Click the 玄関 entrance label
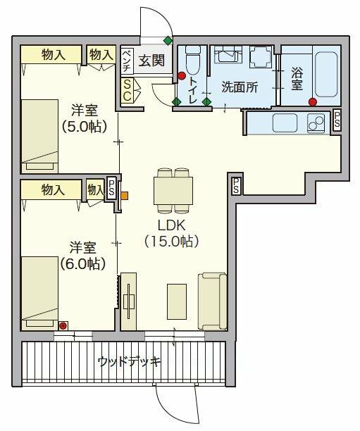[x=151, y=60]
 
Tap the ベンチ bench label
[x=128, y=60]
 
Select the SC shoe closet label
[x=127, y=90]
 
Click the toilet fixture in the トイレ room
[x=192, y=60]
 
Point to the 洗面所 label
[x=240, y=87]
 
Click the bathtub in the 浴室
[x=326, y=74]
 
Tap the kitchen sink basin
[x=285, y=123]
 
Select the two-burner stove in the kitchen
[x=316, y=123]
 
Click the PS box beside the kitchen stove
[x=337, y=120]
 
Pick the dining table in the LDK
[x=173, y=190]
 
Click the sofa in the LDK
[x=213, y=301]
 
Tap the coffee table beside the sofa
[x=177, y=301]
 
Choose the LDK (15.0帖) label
[x=172, y=233]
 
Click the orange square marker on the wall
[x=124, y=196]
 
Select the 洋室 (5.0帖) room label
[x=84, y=118]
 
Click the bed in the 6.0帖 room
[x=40, y=293]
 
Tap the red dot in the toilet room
[x=182, y=76]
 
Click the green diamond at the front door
[x=168, y=41]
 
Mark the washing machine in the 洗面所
[x=261, y=56]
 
